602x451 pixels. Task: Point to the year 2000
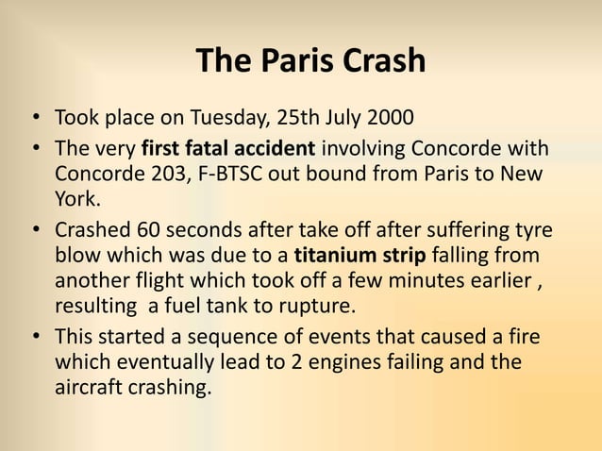click(x=387, y=121)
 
